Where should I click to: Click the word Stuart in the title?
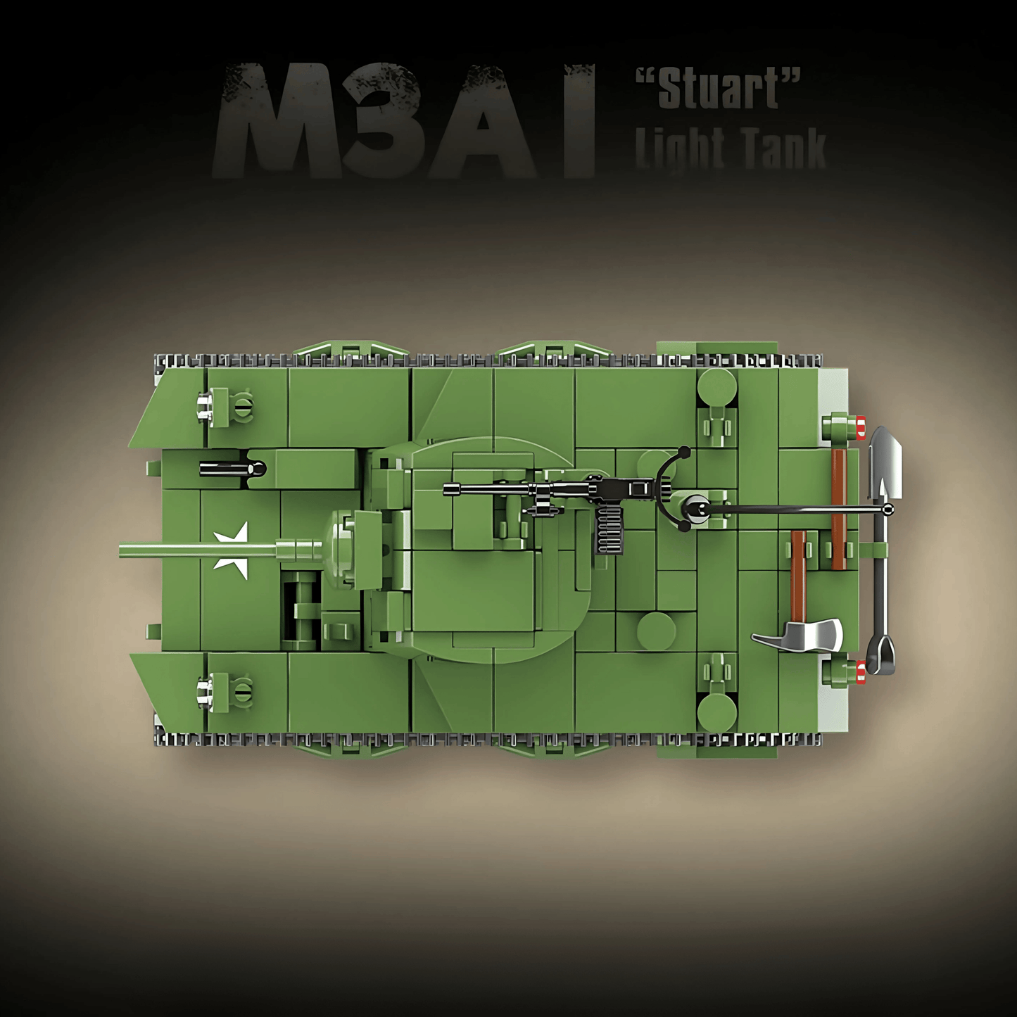point(719,89)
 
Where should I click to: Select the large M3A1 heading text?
point(405,120)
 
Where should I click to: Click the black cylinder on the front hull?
point(232,468)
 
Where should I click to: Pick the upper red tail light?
point(861,427)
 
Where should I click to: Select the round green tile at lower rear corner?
point(716,712)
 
